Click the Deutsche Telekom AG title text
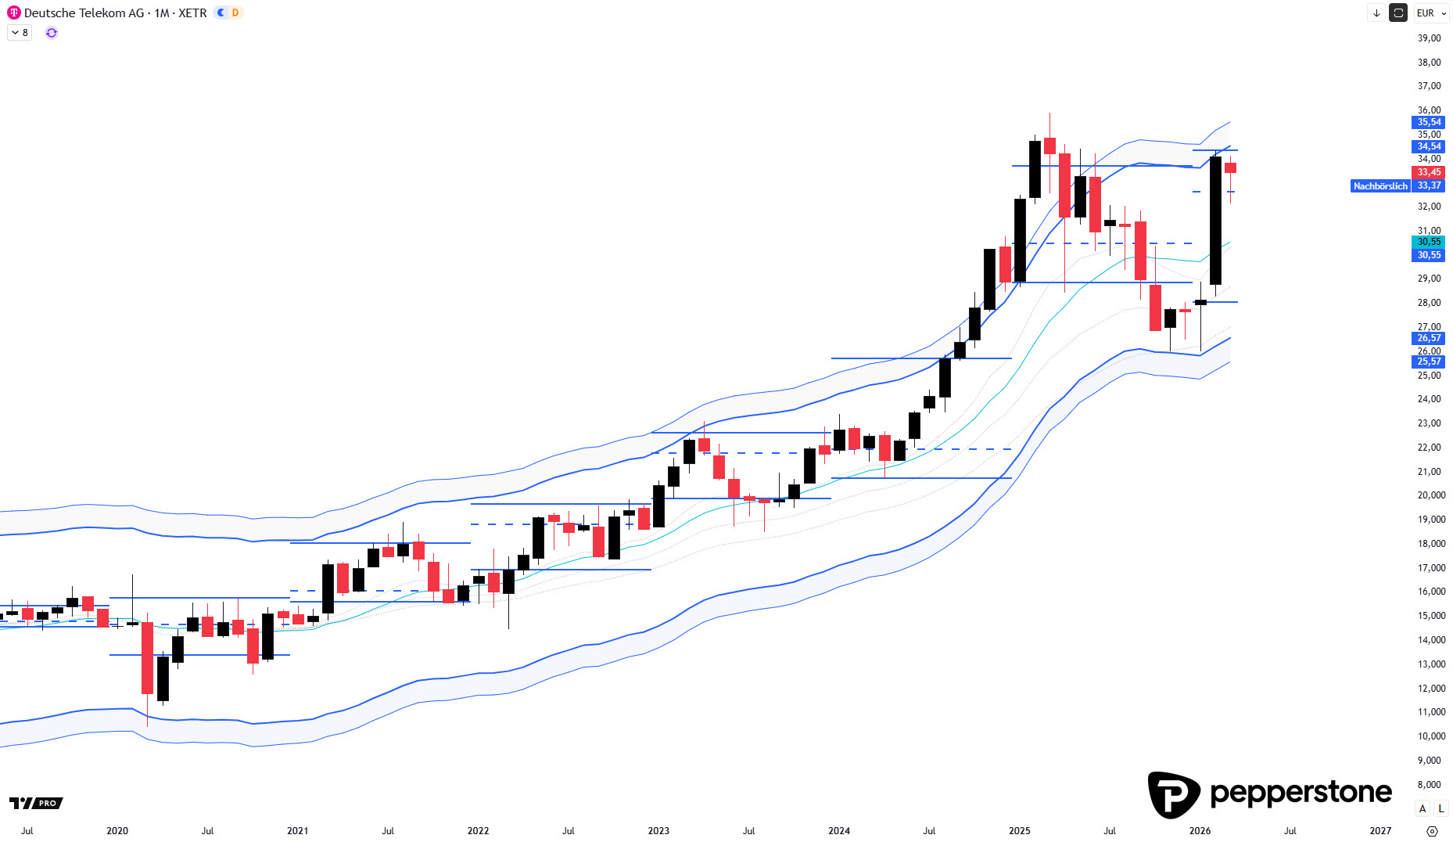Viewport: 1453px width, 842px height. [84, 13]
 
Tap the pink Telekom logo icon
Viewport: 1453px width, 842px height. [14, 13]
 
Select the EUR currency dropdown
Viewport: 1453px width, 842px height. [1431, 13]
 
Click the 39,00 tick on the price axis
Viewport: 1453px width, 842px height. [1429, 38]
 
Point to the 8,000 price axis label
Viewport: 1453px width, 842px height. [1429, 785]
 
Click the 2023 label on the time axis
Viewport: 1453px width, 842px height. [658, 831]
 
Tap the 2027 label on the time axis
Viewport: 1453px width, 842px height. [1380, 831]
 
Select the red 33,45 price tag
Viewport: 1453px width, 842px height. [1429, 172]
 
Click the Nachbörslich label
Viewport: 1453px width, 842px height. [1379, 186]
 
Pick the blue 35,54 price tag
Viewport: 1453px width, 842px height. [1429, 122]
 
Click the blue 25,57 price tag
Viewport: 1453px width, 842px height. [1429, 362]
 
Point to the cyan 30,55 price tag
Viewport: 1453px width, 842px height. [1429, 242]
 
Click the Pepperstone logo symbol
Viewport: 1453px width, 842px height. [1173, 794]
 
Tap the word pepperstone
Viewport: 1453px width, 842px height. [1301, 793]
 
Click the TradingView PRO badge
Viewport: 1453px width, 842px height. [36, 803]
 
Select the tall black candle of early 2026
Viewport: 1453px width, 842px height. [1215, 221]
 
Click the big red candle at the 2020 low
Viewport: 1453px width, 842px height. [147, 657]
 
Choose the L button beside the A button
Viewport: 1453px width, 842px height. [1440, 808]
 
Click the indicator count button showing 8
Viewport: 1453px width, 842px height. [20, 33]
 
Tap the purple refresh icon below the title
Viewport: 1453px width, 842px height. [52, 33]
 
